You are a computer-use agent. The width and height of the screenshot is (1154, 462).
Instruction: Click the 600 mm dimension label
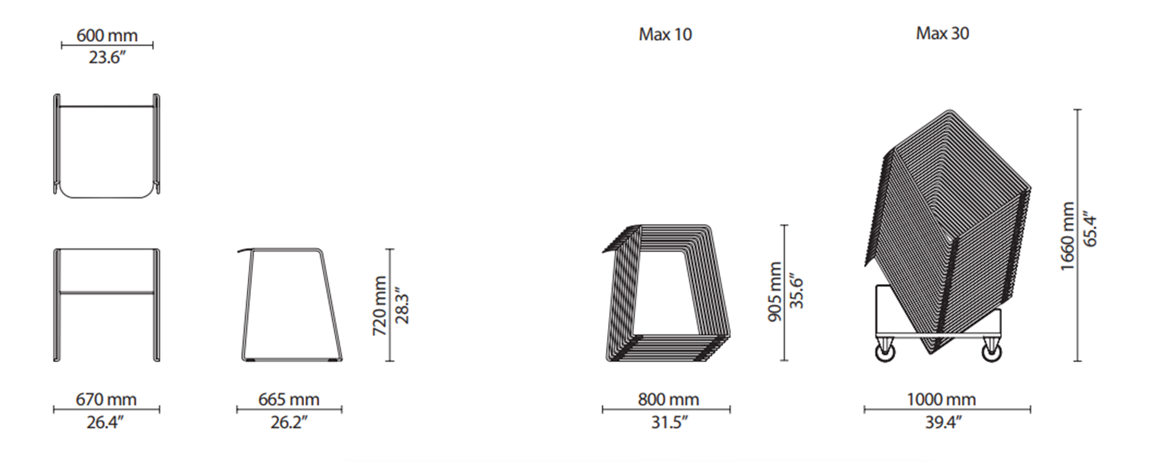point(107,35)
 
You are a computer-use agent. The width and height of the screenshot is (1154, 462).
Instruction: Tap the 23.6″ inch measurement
point(107,57)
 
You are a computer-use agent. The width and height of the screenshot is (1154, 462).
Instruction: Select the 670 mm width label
point(106,399)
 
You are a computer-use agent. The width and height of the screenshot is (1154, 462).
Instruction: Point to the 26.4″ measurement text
point(106,422)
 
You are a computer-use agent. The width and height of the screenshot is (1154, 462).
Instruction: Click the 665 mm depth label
point(289,399)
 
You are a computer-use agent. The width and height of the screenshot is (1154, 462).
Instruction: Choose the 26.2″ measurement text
point(289,422)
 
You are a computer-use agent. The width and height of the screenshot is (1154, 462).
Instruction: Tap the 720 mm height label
point(380,306)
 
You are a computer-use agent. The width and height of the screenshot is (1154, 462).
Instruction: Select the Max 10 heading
point(665,34)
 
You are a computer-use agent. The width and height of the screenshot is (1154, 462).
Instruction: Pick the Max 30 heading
point(942,33)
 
